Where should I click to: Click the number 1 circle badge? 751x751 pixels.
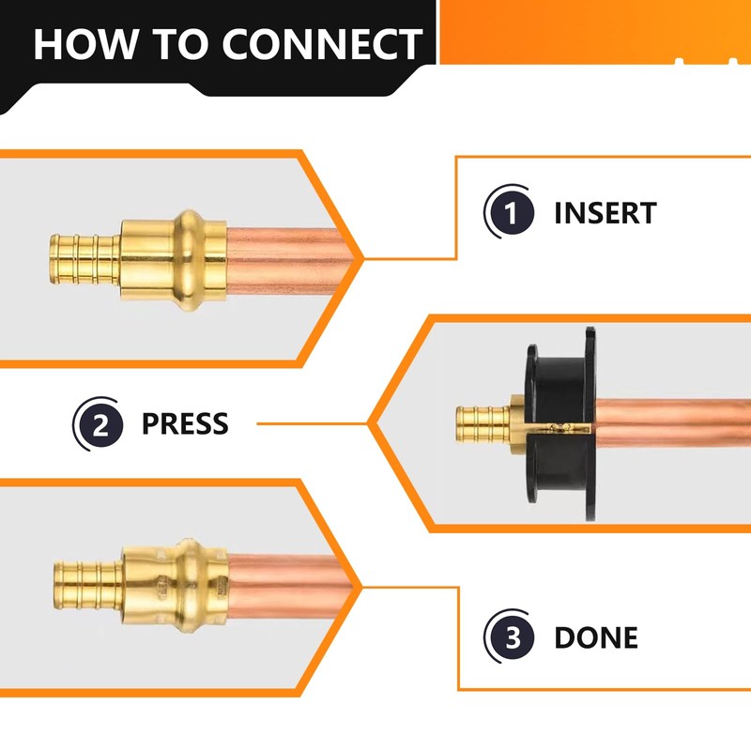click(x=510, y=212)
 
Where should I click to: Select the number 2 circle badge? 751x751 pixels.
click(x=98, y=424)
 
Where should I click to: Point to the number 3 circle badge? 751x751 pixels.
click(x=510, y=638)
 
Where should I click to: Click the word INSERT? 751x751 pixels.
click(x=605, y=212)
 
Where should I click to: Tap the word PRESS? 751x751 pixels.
click(x=184, y=424)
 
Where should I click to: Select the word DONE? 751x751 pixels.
click(x=596, y=638)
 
